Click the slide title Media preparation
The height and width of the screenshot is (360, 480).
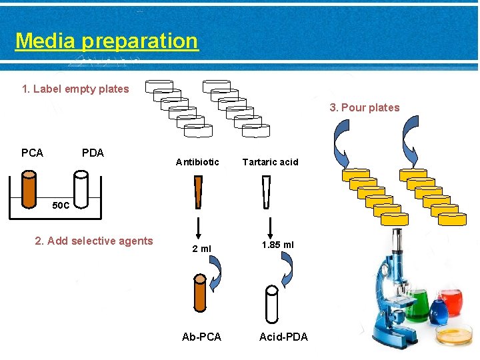pyautogui.click(x=107, y=41)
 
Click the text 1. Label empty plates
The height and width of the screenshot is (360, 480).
pyautogui.click(x=75, y=89)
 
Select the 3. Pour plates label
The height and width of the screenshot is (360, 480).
pyautogui.click(x=365, y=107)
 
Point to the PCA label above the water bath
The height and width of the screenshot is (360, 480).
pyautogui.click(x=32, y=153)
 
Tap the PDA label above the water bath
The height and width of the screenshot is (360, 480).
pyautogui.click(x=93, y=153)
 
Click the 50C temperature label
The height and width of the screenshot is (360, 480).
pyautogui.click(x=61, y=205)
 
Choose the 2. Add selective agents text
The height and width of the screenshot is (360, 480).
pyautogui.click(x=94, y=241)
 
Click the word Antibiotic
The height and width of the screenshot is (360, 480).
pyautogui.click(x=197, y=162)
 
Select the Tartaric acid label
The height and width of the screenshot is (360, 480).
pyautogui.click(x=270, y=162)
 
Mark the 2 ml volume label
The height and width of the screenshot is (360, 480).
pyautogui.click(x=201, y=249)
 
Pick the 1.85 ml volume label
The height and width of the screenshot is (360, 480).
pyautogui.click(x=277, y=245)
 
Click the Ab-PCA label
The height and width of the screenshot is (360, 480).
pyautogui.click(x=201, y=337)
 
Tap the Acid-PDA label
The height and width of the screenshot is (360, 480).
pyautogui.click(x=283, y=337)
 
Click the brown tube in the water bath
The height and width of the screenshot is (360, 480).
pyautogui.click(x=29, y=190)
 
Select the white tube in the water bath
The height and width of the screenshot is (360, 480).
pyautogui.click(x=81, y=190)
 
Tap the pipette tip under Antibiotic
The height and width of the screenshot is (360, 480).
pyautogui.click(x=198, y=192)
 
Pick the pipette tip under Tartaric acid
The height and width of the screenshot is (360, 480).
pyautogui.click(x=267, y=192)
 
